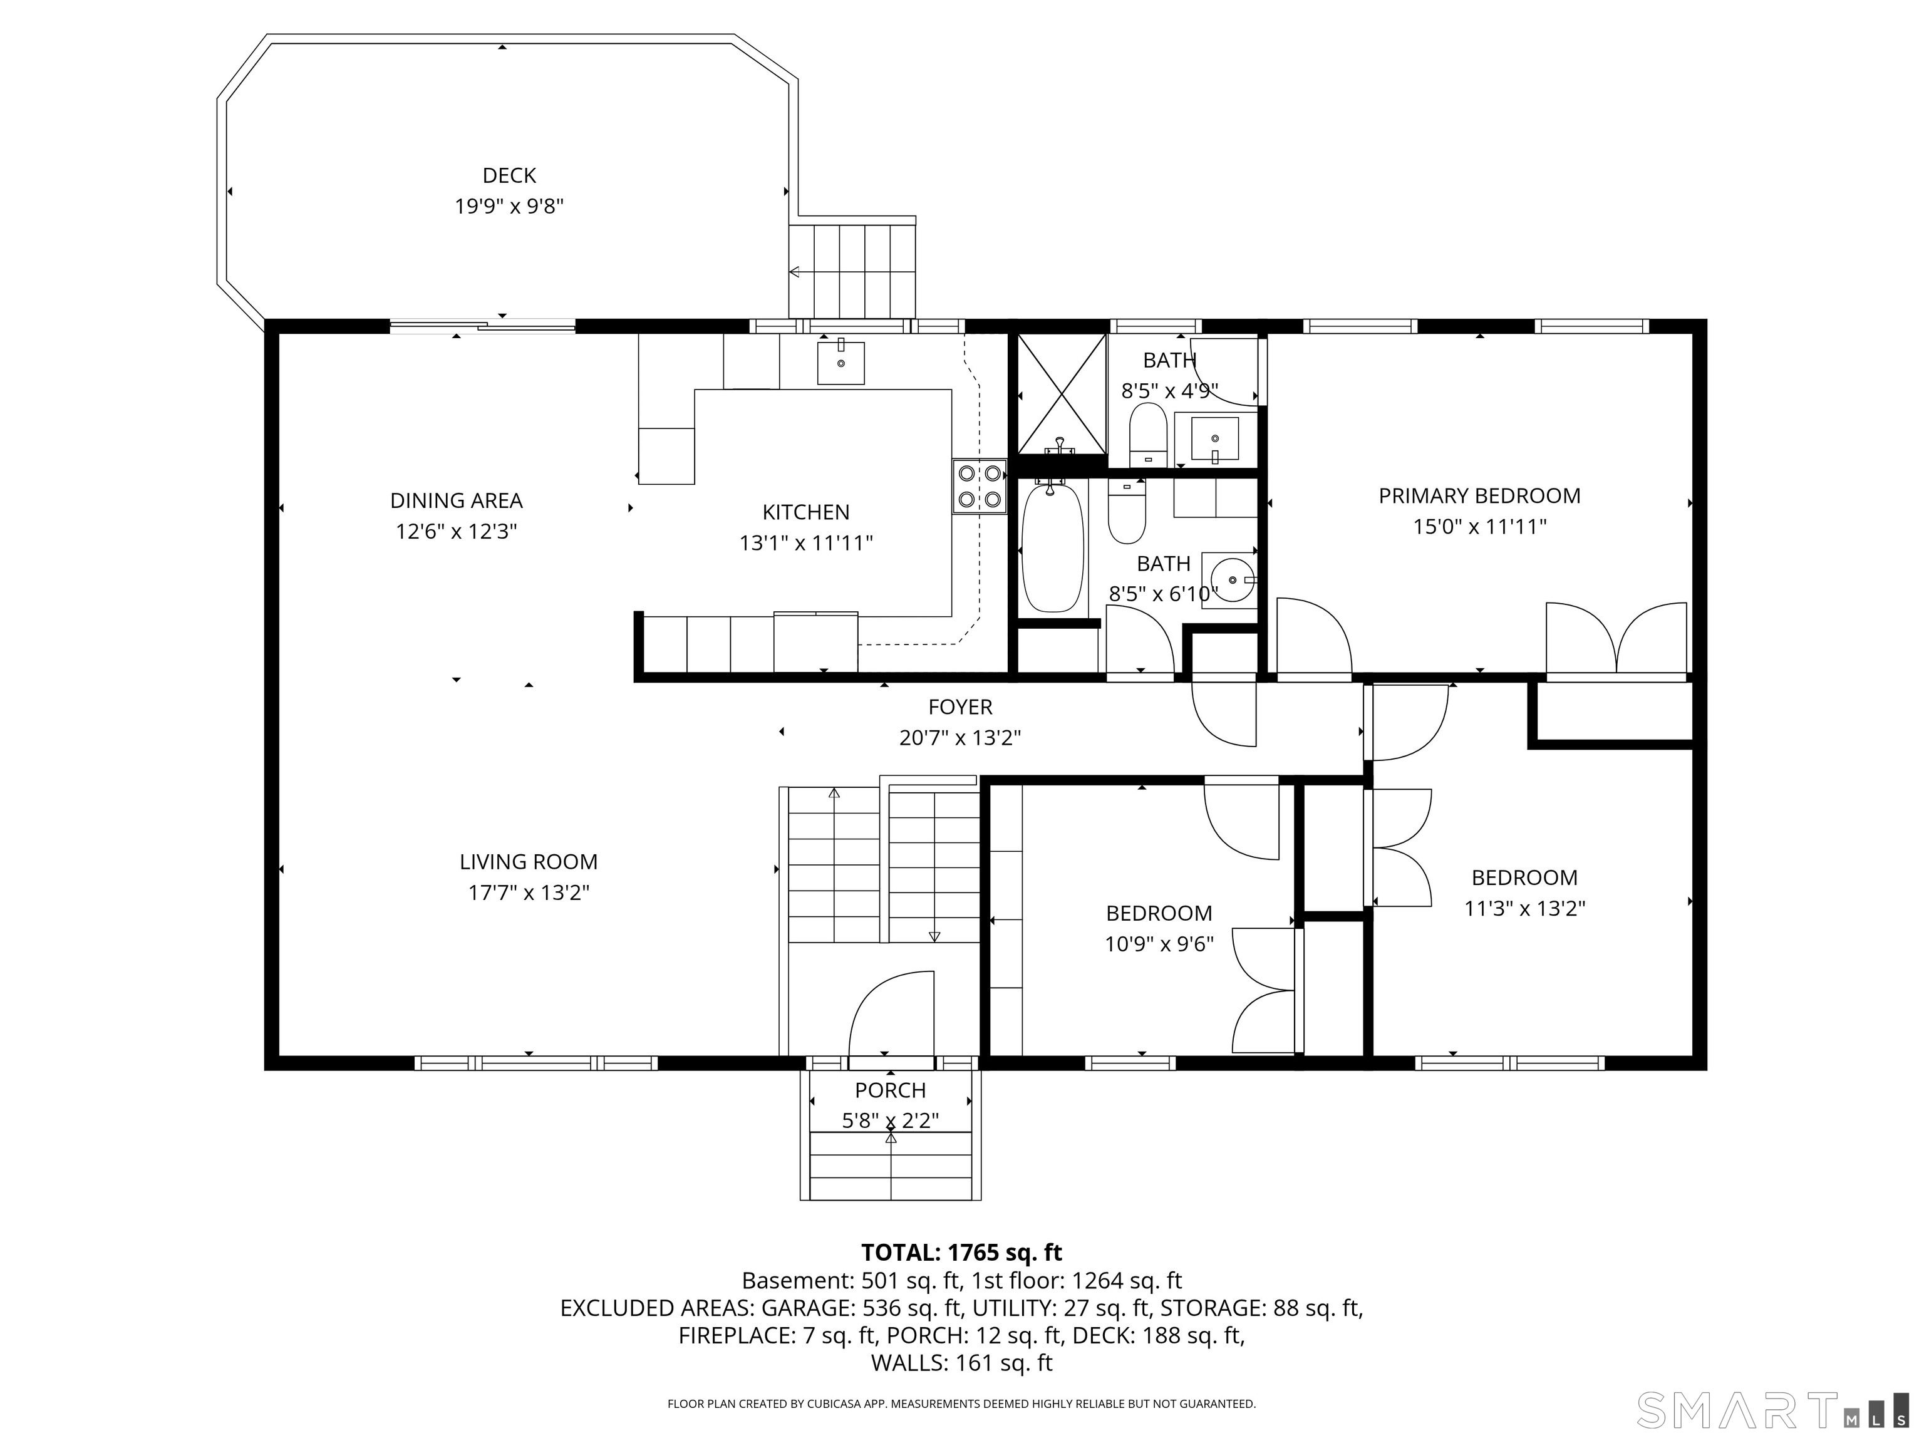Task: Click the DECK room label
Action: click(x=509, y=176)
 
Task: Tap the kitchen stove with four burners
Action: click(x=978, y=486)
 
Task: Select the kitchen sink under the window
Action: click(x=840, y=363)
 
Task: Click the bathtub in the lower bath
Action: click(x=1052, y=548)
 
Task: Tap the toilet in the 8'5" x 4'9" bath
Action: click(x=1147, y=434)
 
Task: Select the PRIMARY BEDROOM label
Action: click(x=1479, y=496)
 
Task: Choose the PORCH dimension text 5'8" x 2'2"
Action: click(x=890, y=1120)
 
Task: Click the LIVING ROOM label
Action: click(x=528, y=862)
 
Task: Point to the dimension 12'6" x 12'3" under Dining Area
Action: click(x=456, y=532)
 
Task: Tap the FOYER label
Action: click(x=959, y=707)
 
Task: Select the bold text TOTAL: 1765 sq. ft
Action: click(x=961, y=1253)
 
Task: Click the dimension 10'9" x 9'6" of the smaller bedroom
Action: click(x=1159, y=944)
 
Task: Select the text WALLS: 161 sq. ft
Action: click(x=961, y=1363)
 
